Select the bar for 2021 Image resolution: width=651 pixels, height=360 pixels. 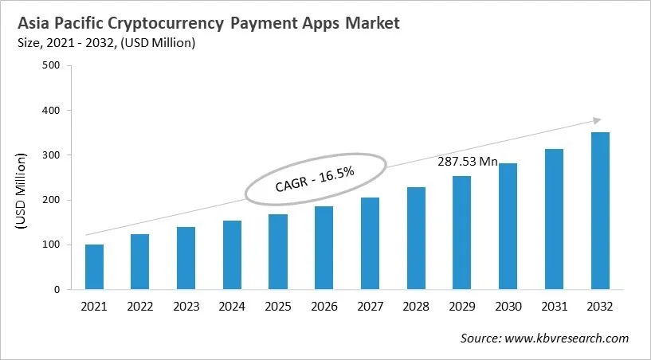94,267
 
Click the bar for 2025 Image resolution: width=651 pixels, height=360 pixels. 277,252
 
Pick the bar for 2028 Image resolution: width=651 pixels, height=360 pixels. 416,238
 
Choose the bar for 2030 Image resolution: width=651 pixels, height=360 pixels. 508,226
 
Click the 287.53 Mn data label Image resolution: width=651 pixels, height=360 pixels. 468,162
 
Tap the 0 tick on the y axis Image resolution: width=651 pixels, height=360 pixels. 57,290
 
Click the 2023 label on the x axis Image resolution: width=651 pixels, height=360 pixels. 186,306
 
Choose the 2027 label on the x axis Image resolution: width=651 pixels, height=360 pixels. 370,306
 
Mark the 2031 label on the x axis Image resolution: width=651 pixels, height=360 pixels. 554,306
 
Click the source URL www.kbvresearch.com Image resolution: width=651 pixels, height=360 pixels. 566,338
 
